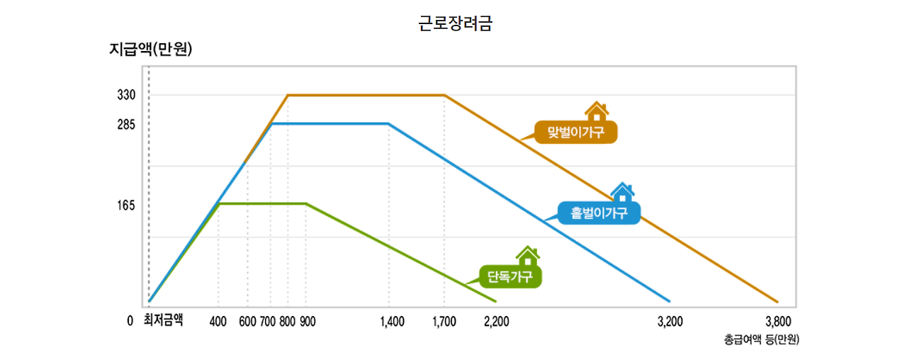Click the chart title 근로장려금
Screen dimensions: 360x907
[456, 23]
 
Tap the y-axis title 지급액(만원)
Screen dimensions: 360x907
[151, 50]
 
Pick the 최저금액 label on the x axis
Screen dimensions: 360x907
[163, 320]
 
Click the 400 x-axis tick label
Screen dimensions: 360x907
[218, 322]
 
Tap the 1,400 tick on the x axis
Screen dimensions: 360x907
[392, 322]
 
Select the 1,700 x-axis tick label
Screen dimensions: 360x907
[444, 322]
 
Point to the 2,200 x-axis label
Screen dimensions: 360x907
[496, 322]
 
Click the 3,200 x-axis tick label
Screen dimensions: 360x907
[670, 322]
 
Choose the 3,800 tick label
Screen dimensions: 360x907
[777, 322]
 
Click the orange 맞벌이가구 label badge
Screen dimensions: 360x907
[576, 133]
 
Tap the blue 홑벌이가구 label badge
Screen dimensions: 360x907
[599, 213]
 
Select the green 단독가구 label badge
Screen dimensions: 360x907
[510, 276]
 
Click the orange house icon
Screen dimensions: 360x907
[597, 111]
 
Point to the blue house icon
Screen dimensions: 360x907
[622, 191]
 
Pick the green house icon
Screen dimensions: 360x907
[527, 255]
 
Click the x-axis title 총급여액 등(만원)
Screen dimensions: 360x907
[761, 339]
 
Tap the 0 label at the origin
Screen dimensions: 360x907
[130, 321]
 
